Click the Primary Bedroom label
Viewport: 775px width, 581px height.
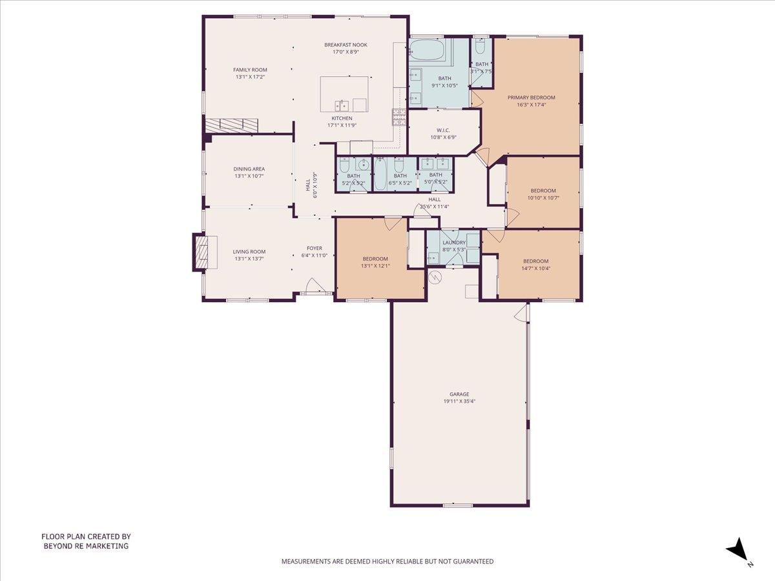click(x=531, y=97)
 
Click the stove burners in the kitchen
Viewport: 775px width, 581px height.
click(x=398, y=116)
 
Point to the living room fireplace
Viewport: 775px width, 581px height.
click(x=200, y=252)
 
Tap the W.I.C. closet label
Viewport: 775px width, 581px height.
click(x=442, y=130)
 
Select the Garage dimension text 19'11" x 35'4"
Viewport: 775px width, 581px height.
click(x=459, y=402)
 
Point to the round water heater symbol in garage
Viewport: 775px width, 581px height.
click(x=435, y=278)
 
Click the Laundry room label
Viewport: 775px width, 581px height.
click(x=454, y=243)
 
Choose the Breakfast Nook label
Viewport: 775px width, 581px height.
click(x=346, y=45)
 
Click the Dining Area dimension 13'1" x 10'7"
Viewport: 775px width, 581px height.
click(x=249, y=176)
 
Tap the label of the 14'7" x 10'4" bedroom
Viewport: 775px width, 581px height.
click(x=535, y=261)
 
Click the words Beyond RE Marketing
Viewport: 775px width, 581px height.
click(x=86, y=546)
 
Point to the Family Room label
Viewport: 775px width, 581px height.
click(x=250, y=70)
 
